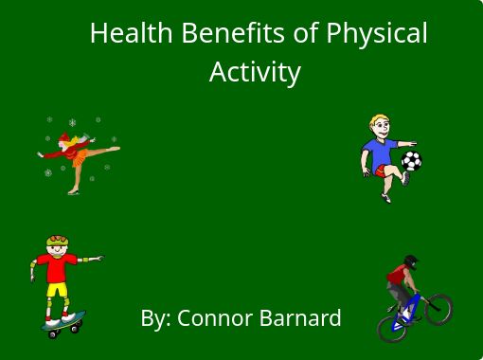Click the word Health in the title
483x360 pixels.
click(131, 33)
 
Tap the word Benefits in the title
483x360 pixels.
click(233, 33)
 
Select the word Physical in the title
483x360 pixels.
click(376, 33)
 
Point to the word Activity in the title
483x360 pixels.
click(255, 72)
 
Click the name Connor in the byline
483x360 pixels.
click(221, 317)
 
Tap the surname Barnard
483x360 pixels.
click(305, 317)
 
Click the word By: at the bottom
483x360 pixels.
click(155, 318)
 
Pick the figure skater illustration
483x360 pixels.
click(76, 155)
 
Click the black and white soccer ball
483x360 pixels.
click(411, 161)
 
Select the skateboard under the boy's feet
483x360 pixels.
click(63, 324)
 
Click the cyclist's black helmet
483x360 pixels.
click(410, 261)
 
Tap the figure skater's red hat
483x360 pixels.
click(63, 139)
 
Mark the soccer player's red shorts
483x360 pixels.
click(384, 171)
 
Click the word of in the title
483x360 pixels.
click(305, 33)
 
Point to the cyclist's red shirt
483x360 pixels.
click(399, 278)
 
